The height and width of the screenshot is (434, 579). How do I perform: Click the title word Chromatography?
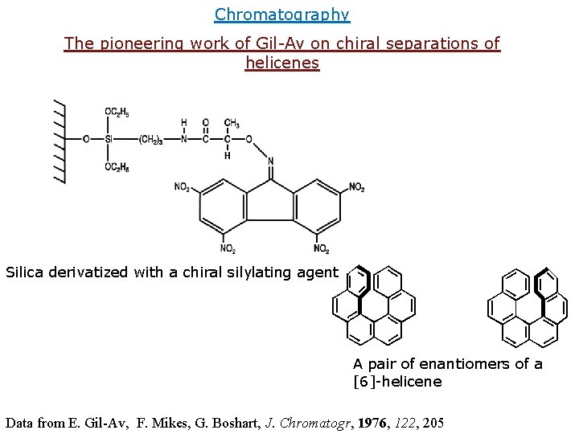282,14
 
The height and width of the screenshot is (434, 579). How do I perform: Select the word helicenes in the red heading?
282,63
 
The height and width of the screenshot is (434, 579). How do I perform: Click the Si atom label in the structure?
108,139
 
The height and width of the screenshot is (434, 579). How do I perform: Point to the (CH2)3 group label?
150,139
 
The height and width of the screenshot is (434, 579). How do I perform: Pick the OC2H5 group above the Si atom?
117,112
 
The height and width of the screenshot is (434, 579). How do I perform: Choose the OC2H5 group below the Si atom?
117,167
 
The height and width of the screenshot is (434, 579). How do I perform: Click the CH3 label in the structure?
232,124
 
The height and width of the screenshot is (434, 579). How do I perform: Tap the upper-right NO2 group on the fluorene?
356,188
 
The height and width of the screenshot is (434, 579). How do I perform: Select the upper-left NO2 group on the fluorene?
183,188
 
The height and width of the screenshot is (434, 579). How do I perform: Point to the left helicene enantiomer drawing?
374,305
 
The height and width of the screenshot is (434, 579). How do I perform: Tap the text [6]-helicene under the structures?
397,382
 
